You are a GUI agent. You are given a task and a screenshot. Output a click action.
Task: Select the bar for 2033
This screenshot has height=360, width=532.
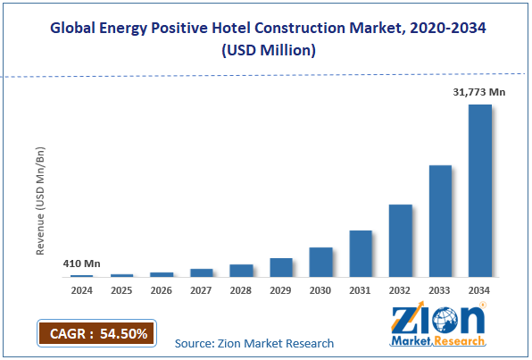[440, 221]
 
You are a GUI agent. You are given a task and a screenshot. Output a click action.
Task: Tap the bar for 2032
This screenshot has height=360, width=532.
[400, 240]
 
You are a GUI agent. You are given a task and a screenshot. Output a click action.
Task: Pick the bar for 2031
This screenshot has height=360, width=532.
[361, 254]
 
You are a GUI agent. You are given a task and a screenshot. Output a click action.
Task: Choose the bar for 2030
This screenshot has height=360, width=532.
[320, 262]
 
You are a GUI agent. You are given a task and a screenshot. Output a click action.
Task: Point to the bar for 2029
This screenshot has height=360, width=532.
[281, 267]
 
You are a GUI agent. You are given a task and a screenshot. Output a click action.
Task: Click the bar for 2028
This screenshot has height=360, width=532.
[241, 270]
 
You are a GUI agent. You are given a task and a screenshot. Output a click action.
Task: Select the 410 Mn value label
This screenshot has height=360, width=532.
[81, 264]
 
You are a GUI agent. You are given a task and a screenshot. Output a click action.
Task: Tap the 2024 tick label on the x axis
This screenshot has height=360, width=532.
[81, 289]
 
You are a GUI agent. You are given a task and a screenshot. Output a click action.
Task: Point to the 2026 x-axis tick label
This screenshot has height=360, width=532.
[162, 289]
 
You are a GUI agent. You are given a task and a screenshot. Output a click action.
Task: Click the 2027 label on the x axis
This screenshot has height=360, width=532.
[202, 289]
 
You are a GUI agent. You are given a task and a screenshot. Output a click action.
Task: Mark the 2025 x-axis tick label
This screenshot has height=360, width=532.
[121, 289]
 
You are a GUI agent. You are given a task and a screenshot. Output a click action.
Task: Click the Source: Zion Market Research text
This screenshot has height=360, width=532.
[254, 343]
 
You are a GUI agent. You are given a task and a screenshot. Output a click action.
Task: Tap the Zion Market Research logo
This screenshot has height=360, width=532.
[438, 326]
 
